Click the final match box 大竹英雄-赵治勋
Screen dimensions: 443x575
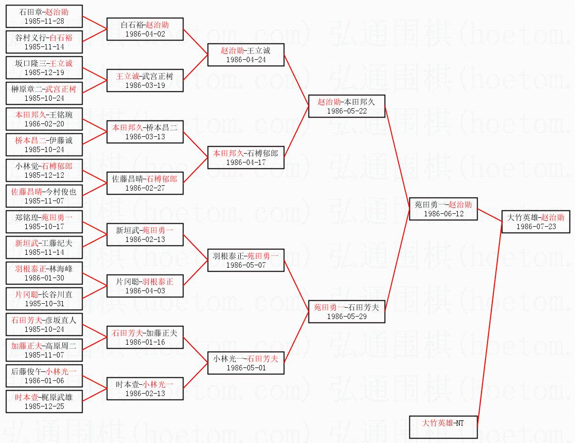pos(536,222)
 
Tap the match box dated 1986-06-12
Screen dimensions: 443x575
pos(443,209)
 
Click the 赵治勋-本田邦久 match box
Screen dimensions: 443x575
pos(346,106)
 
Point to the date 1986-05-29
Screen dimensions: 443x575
pos(347,317)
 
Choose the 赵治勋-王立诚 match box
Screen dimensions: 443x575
pos(246,55)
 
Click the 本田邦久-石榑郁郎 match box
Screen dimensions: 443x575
pos(246,158)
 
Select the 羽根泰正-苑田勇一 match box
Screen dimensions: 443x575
pos(246,260)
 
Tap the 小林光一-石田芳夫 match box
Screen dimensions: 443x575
pos(246,363)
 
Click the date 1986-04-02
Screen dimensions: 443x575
pos(145,35)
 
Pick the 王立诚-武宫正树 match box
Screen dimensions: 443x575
pos(145,81)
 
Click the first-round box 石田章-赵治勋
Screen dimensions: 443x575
pos(44,16)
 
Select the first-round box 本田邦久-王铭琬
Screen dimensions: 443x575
pos(44,119)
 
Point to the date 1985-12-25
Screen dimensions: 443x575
pos(44,406)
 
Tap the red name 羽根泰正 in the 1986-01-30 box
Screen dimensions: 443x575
pos(30,269)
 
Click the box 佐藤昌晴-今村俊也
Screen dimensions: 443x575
pos(44,196)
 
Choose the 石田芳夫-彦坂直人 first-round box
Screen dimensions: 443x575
pos(44,324)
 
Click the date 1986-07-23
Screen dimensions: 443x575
pos(536,227)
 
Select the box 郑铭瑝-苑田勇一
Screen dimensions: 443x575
pos(44,222)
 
